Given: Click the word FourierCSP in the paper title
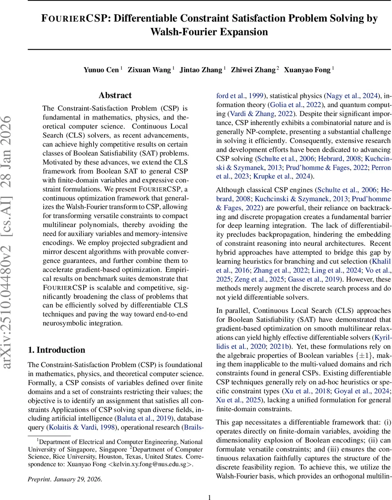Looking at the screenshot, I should (x=68, y=19).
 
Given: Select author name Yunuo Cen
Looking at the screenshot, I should (x=101, y=70).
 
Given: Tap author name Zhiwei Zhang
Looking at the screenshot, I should (x=253, y=70).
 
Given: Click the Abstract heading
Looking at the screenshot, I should (x=115, y=95).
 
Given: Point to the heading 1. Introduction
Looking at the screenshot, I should (x=56, y=350).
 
